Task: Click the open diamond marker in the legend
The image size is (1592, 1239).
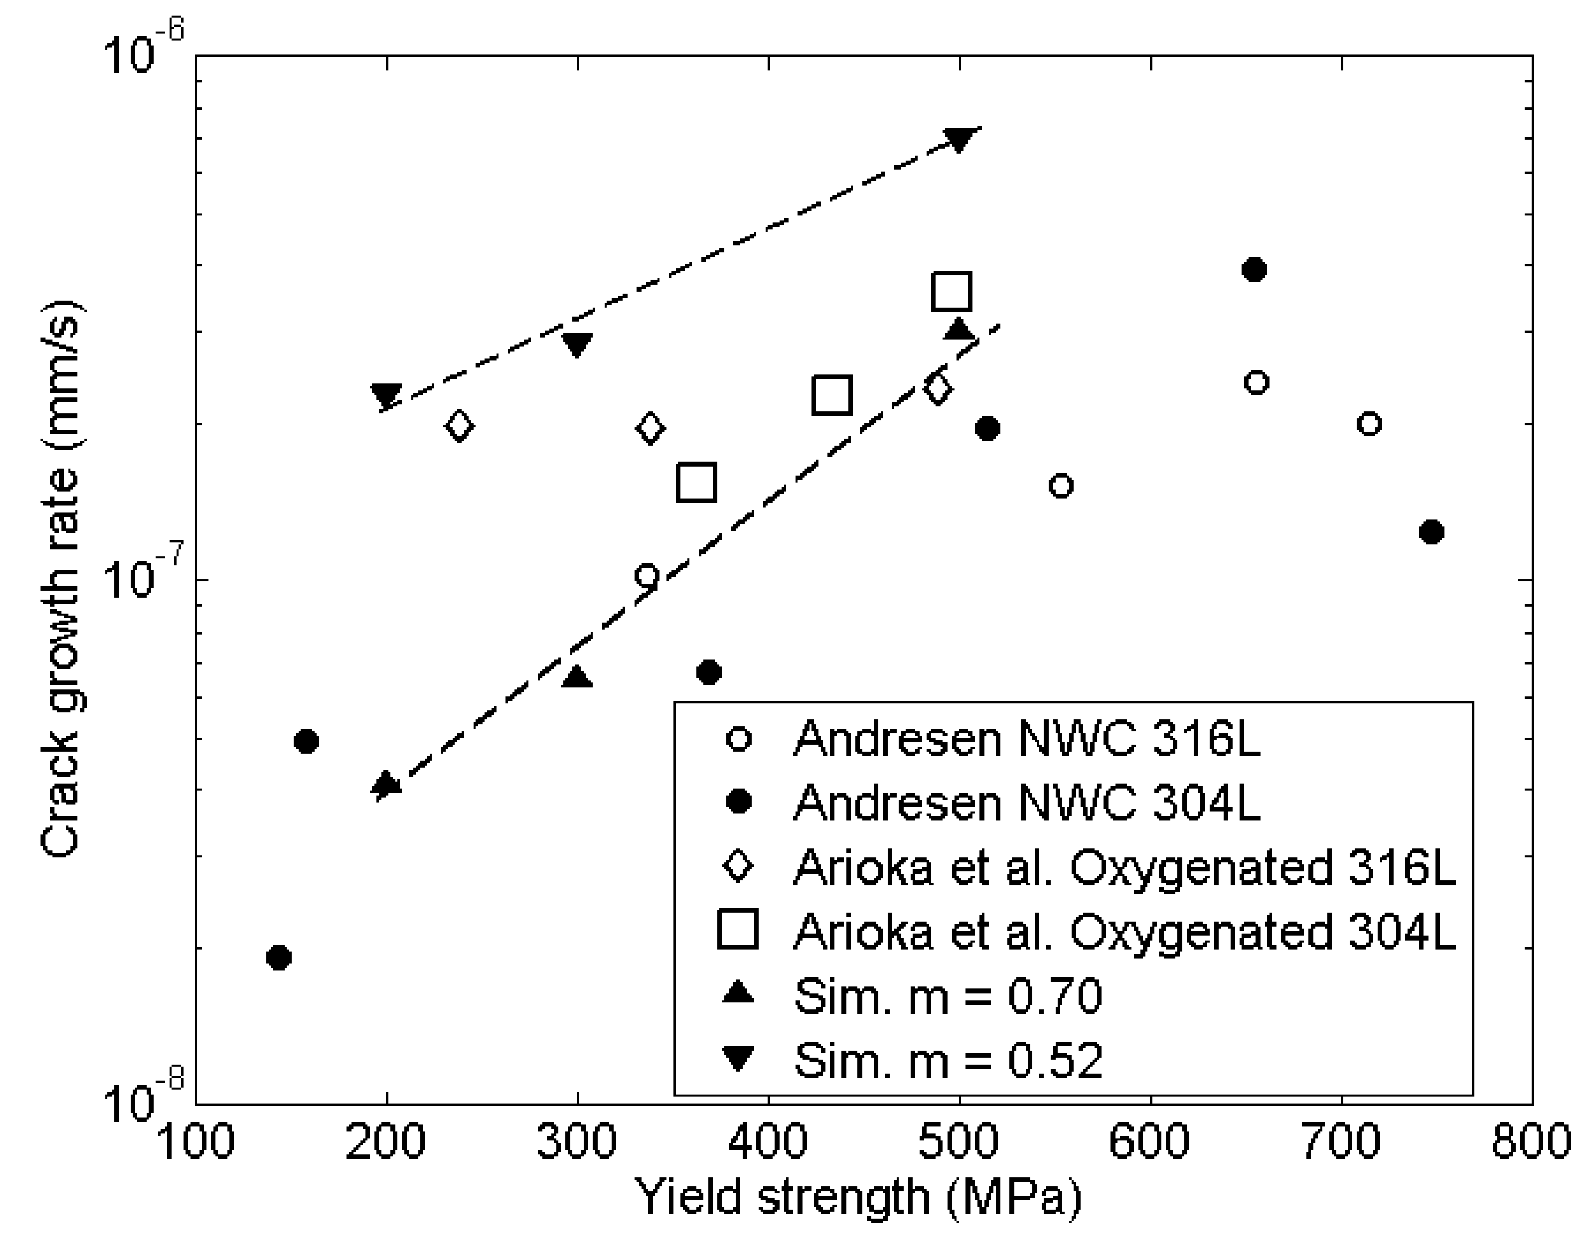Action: pyautogui.click(x=739, y=867)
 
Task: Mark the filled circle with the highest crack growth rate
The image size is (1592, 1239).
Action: pyautogui.click(x=1254, y=270)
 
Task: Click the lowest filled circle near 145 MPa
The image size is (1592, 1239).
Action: pyautogui.click(x=279, y=957)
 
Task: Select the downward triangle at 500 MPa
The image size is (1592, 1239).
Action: pyautogui.click(x=959, y=139)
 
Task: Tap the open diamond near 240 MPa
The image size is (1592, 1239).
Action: pyautogui.click(x=459, y=425)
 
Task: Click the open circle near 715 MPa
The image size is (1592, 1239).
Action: pyautogui.click(x=1370, y=423)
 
